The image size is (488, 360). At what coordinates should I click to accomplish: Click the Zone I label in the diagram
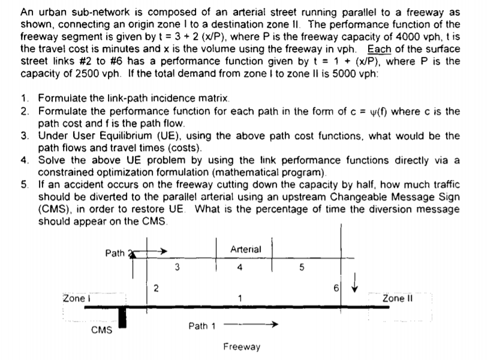point(76,298)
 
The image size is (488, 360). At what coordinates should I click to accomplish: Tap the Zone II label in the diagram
point(396,298)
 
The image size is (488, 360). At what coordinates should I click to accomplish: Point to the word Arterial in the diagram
point(245,249)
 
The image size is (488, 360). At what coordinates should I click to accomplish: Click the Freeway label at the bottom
point(242,347)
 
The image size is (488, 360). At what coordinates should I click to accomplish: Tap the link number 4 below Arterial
point(240,268)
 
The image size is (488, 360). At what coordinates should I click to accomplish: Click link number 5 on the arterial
point(302,268)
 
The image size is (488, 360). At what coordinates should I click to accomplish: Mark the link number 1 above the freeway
point(239,298)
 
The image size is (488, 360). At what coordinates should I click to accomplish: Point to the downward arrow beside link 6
point(358,281)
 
